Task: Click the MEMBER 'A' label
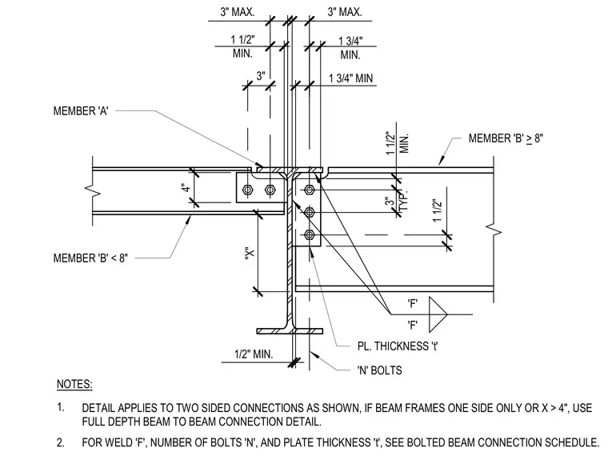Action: click(x=81, y=111)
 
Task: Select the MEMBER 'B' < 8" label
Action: click(x=90, y=258)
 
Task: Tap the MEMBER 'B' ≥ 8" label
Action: click(x=506, y=138)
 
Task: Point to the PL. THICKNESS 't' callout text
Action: click(x=398, y=346)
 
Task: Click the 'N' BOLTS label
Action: click(x=379, y=370)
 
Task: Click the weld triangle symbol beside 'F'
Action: click(x=438, y=314)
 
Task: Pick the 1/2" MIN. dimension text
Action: click(x=254, y=354)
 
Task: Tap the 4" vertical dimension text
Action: click(x=186, y=188)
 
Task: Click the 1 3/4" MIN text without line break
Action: click(x=350, y=78)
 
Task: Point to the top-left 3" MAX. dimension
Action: click(x=238, y=12)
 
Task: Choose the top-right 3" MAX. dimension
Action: click(x=345, y=12)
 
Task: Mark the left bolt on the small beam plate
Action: click(x=247, y=190)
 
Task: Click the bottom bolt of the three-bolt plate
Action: click(x=309, y=235)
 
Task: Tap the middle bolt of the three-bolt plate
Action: click(x=309, y=213)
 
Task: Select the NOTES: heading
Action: click(x=74, y=384)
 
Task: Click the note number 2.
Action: click(x=61, y=442)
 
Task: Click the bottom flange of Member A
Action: click(x=290, y=331)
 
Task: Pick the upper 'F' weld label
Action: click(x=413, y=303)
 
